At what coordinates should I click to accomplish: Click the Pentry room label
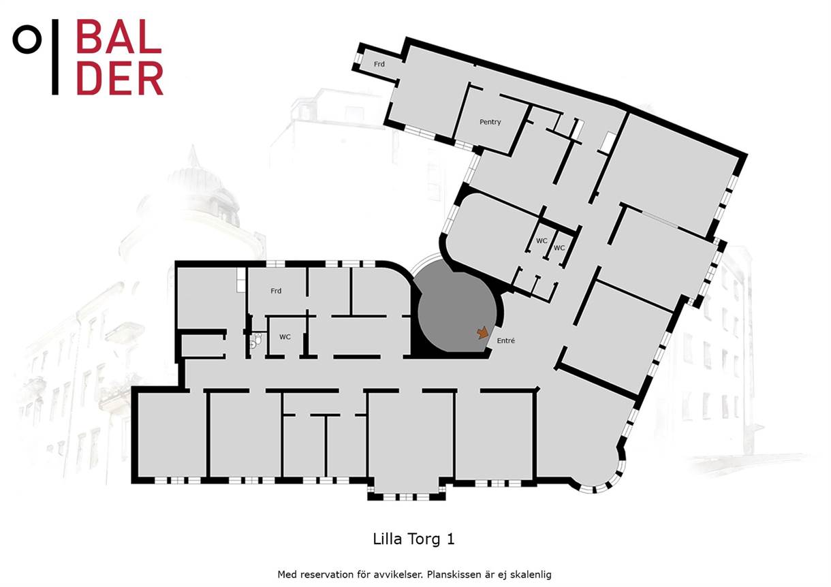[490, 122]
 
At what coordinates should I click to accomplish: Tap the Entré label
[505, 340]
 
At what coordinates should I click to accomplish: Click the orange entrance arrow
[482, 332]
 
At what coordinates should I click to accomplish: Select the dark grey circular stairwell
[457, 311]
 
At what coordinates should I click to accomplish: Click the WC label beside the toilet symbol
[285, 336]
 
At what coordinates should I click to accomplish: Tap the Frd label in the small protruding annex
[379, 64]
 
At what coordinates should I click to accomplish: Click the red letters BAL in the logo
[119, 37]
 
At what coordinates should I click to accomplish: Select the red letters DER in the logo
[120, 78]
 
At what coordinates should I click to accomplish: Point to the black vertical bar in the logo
[55, 57]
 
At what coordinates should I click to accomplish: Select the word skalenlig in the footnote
[531, 575]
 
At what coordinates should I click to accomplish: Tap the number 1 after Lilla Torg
[450, 539]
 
